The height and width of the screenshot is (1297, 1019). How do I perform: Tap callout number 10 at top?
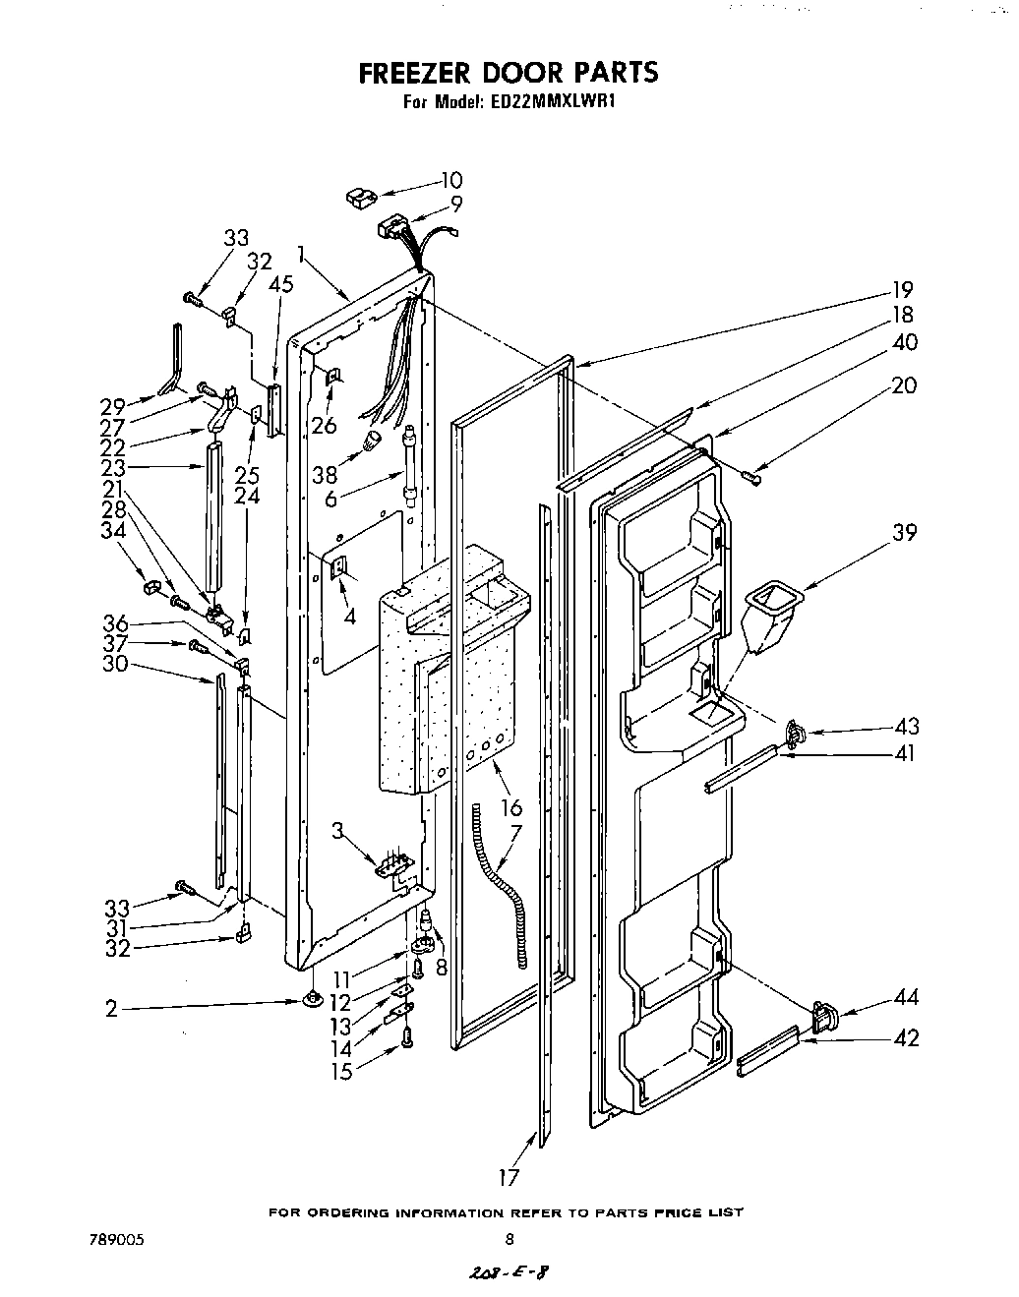pyautogui.click(x=451, y=180)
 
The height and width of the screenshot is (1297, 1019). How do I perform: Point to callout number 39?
pyautogui.click(x=905, y=532)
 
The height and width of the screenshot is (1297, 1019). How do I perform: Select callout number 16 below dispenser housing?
pyautogui.click(x=511, y=808)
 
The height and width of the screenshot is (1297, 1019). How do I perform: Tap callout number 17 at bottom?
pyautogui.click(x=508, y=1176)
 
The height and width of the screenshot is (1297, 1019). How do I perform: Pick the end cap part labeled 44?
pyautogui.click(x=824, y=1016)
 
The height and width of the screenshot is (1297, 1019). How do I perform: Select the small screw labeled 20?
pyautogui.click(x=752, y=477)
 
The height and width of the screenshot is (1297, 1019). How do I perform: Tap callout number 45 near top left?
pyautogui.click(x=281, y=284)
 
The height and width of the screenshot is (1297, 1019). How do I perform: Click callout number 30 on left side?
pyautogui.click(x=116, y=664)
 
